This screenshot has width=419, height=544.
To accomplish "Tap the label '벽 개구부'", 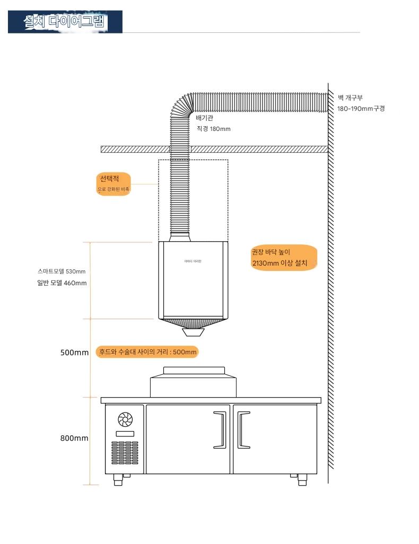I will (x=350, y=98).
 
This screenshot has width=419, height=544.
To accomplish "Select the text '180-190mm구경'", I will (x=361, y=108).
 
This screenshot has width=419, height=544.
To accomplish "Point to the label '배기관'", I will (x=204, y=118).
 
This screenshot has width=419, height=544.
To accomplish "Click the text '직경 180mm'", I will (x=213, y=129).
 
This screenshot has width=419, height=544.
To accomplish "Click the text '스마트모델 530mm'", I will (x=62, y=271).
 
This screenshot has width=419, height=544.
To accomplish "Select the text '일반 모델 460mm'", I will (x=62, y=283).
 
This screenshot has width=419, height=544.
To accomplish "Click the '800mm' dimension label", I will (x=74, y=438).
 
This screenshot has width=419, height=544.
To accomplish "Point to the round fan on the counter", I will (x=125, y=420).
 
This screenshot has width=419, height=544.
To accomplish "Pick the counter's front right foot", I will (x=302, y=479).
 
